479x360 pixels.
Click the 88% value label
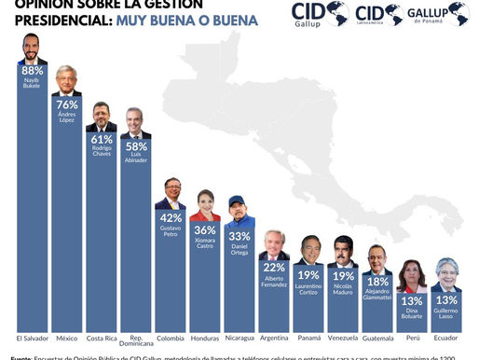(x=33, y=71)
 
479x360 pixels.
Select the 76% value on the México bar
(x=67, y=104)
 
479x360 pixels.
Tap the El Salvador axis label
(x=33, y=337)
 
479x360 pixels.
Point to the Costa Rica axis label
(x=101, y=337)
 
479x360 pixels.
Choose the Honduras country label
(x=204, y=337)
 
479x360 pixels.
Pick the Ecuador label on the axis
(x=446, y=337)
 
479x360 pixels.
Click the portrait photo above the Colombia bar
(x=170, y=194)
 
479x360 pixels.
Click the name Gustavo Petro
(x=170, y=230)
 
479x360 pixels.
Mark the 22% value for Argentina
(x=274, y=266)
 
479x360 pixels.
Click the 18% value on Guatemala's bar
(x=377, y=280)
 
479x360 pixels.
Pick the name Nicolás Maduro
(x=343, y=290)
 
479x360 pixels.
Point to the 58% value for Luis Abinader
(x=135, y=147)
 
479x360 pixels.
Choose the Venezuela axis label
(x=343, y=337)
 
